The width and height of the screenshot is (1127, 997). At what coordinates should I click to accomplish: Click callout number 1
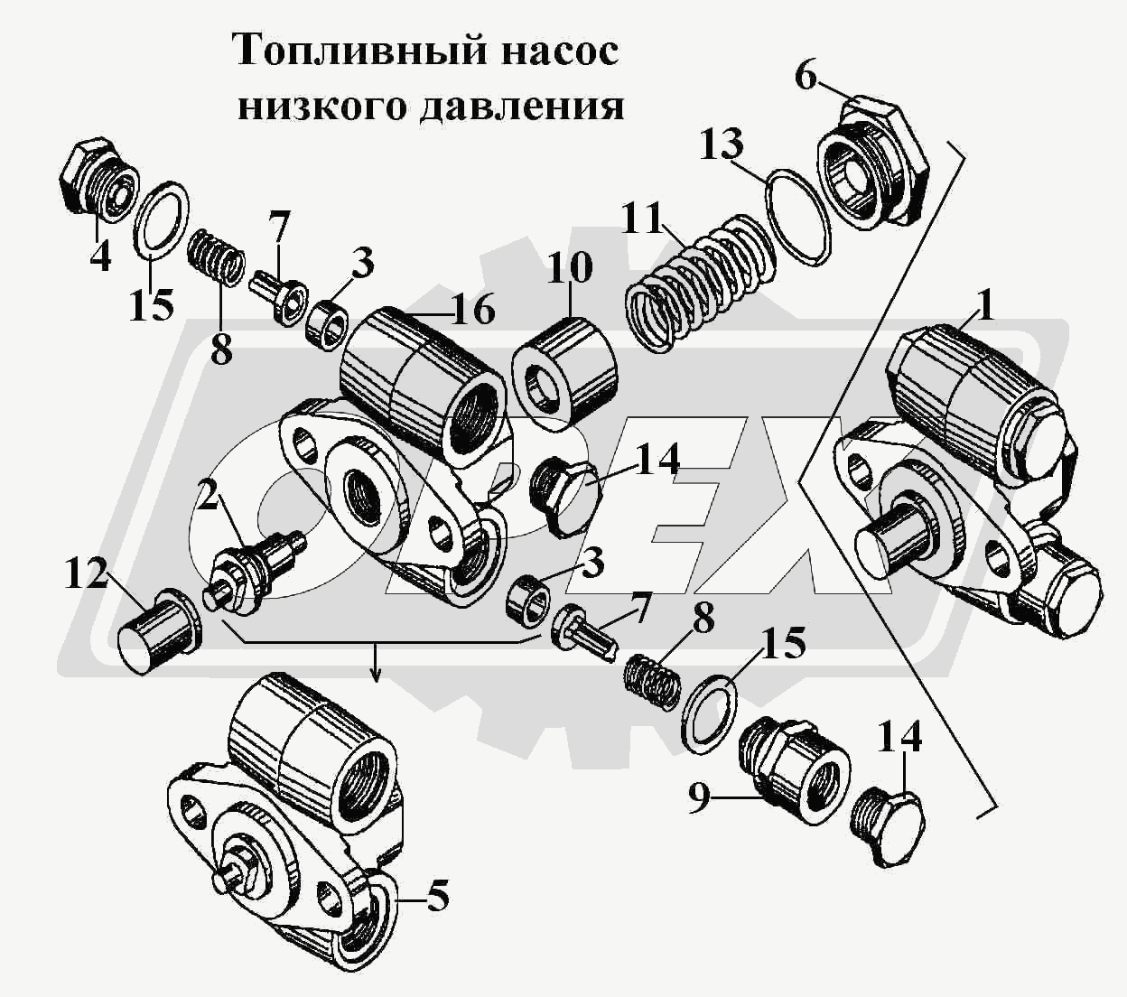(985, 306)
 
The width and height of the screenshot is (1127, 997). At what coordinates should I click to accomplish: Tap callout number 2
(209, 496)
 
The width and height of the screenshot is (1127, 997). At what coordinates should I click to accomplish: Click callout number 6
(805, 76)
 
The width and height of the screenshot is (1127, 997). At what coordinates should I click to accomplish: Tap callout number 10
(569, 268)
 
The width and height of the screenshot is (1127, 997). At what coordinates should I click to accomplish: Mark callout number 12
(87, 574)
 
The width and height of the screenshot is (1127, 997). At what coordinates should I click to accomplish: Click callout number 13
(721, 145)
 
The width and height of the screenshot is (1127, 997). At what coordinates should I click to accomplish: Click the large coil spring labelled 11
(700, 284)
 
